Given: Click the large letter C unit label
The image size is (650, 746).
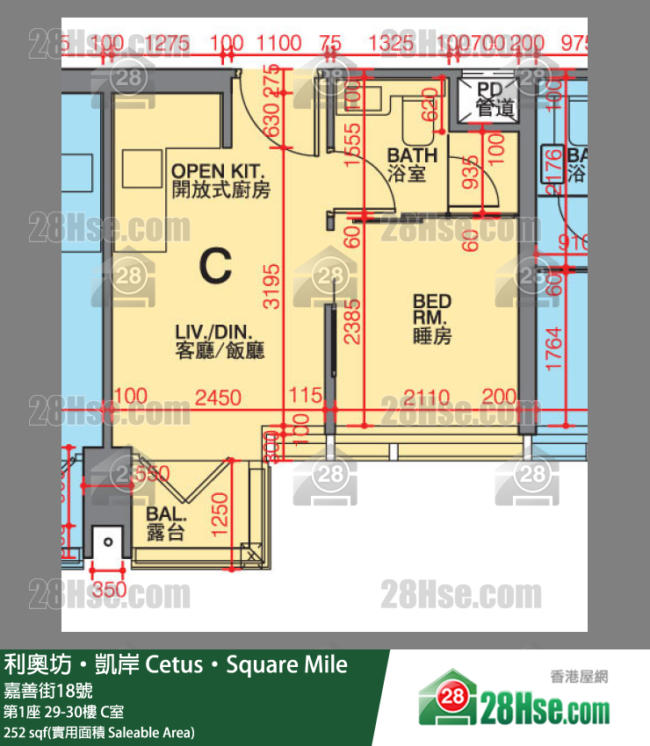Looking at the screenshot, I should (x=215, y=266).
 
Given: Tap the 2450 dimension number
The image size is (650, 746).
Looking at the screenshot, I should (x=218, y=398).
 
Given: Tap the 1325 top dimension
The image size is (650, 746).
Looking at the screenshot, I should (x=392, y=42).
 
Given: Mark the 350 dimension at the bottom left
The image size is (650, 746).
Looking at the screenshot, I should (x=110, y=590).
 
